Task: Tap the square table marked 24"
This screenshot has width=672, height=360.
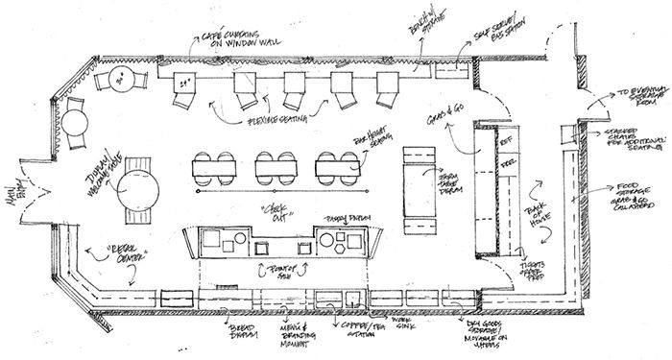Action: pyautogui.click(x=187, y=84)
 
